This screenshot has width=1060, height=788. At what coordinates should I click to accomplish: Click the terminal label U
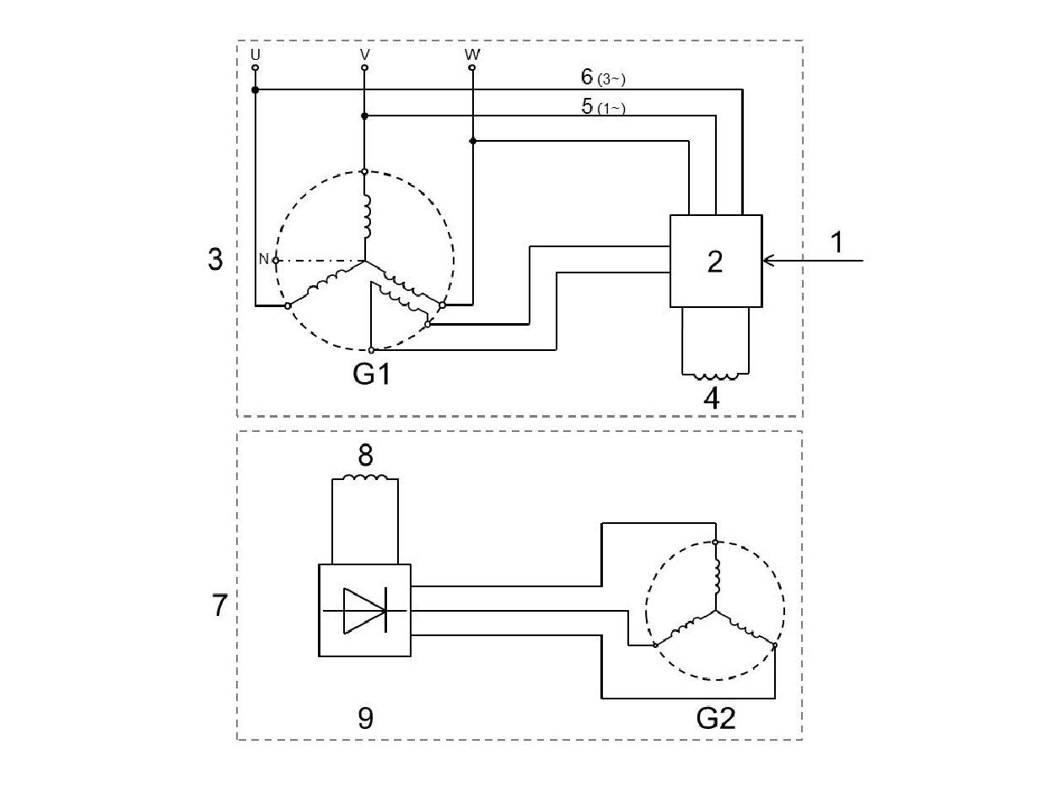tap(255, 54)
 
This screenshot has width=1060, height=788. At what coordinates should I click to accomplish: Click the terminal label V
tap(364, 54)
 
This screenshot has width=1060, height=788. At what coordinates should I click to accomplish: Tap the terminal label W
tap(472, 54)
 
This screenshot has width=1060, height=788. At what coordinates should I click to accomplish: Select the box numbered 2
tap(715, 261)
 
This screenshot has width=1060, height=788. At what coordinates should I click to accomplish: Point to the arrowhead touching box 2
tap(767, 261)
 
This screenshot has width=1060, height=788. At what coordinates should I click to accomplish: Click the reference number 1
tap(836, 243)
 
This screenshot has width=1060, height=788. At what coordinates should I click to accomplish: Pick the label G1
tap(372, 372)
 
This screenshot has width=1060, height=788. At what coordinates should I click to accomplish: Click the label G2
tap(716, 718)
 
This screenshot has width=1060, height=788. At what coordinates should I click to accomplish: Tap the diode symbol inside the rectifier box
tap(365, 610)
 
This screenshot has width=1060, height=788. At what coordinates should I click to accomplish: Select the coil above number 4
tap(715, 376)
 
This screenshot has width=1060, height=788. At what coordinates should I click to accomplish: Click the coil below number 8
tap(364, 478)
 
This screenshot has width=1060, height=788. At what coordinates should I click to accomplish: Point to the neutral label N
tap(263, 260)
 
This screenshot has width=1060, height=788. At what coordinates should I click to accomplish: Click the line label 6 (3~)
tap(602, 78)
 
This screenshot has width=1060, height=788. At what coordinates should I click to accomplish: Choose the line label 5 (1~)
tap(602, 107)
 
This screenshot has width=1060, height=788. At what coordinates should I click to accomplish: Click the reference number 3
tap(215, 260)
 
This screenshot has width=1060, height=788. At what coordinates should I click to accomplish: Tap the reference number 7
tap(219, 605)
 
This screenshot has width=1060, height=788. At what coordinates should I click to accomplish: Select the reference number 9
tap(365, 718)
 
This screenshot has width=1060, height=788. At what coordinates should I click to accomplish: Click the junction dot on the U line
tap(256, 89)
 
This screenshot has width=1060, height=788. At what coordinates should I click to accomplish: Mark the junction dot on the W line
tap(472, 141)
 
